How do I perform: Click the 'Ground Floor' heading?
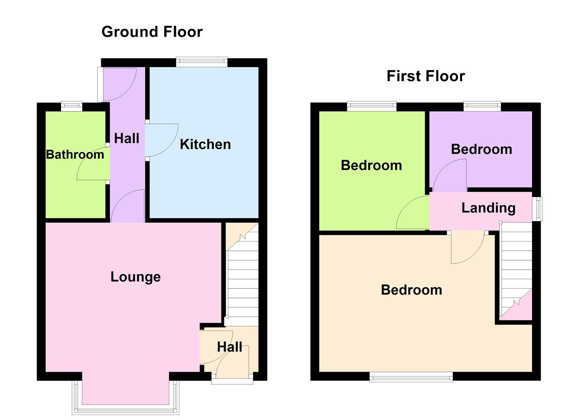pos(152,32)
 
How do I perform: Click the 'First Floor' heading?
pos(425,76)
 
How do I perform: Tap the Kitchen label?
pos(205,145)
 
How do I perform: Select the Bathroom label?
pos(75,155)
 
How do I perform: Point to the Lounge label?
pos(135,277)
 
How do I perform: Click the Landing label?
pos(488,208)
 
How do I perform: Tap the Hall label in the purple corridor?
pos(126,138)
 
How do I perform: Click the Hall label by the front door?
pos(229,347)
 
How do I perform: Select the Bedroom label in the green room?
pos(371,165)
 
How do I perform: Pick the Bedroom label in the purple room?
pos(481,149)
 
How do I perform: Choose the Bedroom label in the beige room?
pos(411,290)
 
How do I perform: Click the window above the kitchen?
pos(201,61)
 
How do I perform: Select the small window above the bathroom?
pos(72,104)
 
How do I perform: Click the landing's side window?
pos(537,209)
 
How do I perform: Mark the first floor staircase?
pos(516,268)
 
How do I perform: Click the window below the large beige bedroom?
pos(411,376)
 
